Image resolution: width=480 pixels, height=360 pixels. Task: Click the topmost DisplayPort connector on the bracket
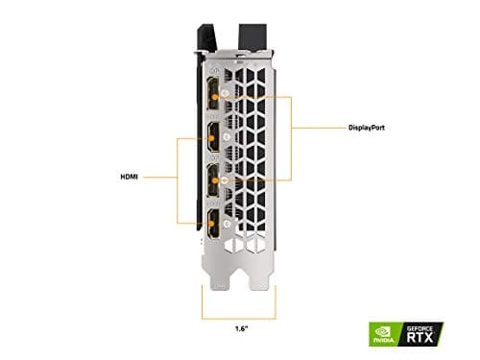(208, 93)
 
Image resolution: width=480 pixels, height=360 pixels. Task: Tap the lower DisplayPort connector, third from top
(208, 180)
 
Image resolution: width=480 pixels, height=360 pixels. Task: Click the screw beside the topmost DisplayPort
(225, 93)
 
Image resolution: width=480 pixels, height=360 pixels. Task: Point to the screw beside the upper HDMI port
(225, 136)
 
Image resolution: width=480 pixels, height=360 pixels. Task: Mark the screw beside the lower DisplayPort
(225, 180)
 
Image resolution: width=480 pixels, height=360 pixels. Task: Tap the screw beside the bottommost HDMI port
(225, 223)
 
